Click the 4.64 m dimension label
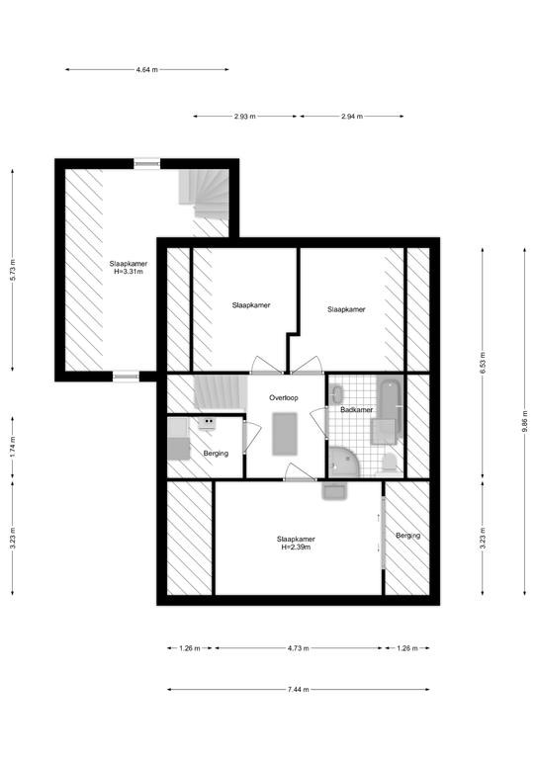click(146, 70)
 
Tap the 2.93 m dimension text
click(244, 117)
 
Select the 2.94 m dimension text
click(351, 117)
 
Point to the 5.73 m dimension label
click(13, 270)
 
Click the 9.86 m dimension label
click(525, 422)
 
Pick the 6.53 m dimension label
click(483, 363)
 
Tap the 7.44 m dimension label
click(298, 689)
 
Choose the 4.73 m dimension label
click(298, 648)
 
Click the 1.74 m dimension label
click(13, 447)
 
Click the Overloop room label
click(284, 398)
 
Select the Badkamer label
click(356, 409)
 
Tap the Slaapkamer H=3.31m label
click(129, 268)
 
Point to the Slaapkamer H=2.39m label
click(296, 544)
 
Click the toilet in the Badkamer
click(390, 464)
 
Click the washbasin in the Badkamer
click(336, 393)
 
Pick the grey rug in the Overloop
click(284, 434)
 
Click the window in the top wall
click(146, 164)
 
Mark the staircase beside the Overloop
click(221, 392)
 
